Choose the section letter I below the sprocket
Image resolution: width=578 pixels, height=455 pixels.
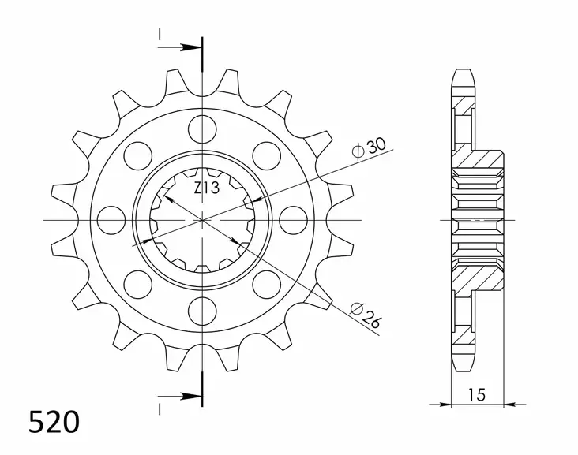[x=160, y=408]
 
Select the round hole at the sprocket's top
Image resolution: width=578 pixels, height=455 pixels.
[x=202, y=127]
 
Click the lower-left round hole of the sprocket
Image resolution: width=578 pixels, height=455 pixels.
[x=138, y=282]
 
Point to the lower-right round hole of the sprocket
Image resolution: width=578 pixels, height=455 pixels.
[x=265, y=282]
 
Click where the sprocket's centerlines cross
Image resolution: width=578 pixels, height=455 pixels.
[x=202, y=218]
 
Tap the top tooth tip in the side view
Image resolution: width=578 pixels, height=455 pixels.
[x=464, y=72]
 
